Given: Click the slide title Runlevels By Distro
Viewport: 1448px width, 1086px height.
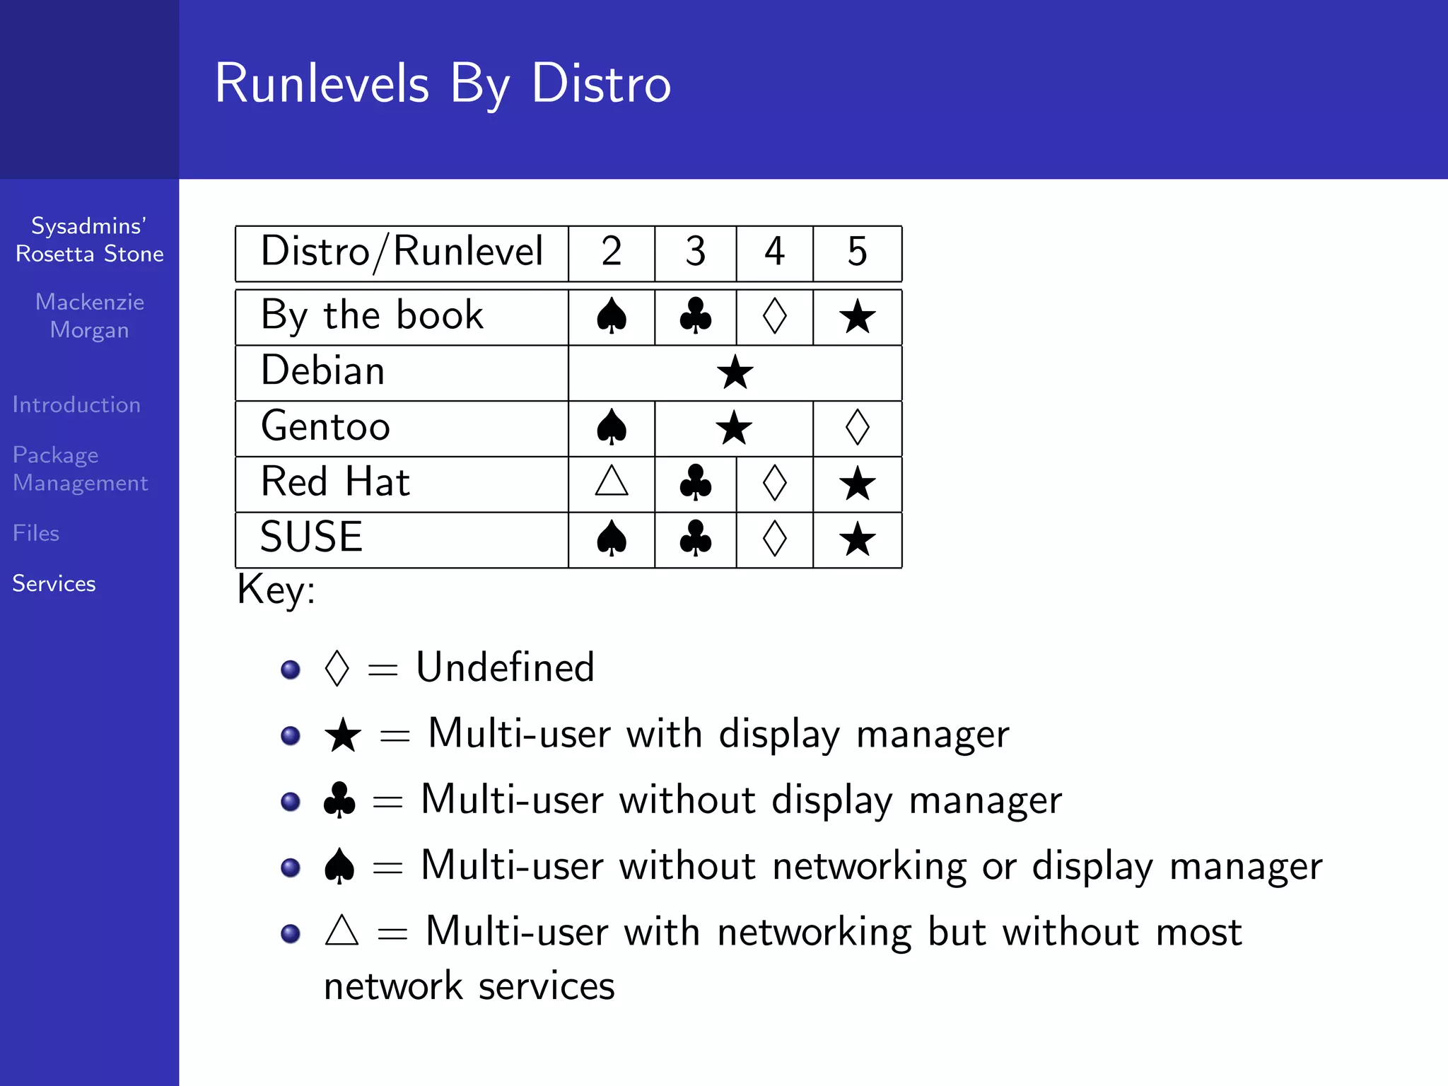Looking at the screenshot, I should point(443,83).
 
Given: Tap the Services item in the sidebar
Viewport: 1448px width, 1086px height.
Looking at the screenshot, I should point(54,583).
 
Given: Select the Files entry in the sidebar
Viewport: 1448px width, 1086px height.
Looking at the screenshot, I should point(36,533).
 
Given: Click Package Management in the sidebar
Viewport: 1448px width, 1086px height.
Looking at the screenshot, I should point(80,469).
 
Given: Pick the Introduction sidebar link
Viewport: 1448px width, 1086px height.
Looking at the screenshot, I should point(76,404).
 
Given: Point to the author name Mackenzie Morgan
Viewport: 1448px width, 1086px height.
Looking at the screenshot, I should point(90,316).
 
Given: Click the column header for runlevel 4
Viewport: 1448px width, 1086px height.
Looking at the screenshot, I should point(774,252).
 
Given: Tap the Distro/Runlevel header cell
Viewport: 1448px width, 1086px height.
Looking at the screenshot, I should point(402,252).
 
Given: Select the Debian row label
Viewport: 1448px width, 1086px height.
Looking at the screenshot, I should point(323,371).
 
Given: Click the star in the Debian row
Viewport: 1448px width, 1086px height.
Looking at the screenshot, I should point(735,373).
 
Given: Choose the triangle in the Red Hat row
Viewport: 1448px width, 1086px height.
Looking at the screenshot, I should point(612,481).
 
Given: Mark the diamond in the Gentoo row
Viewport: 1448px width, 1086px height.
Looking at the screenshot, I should point(857,427).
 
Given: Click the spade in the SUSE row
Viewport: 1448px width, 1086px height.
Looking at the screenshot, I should point(612,539).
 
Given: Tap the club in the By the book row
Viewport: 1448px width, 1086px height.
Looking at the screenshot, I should point(696,316).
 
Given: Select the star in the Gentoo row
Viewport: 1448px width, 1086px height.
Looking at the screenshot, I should point(733,428).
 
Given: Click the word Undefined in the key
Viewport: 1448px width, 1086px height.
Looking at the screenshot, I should point(505,667).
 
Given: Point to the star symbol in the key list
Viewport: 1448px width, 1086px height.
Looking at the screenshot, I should point(343,735).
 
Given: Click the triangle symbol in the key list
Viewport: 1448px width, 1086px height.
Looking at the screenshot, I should point(341,931).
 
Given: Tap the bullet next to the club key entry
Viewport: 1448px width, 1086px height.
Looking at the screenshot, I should point(291,801).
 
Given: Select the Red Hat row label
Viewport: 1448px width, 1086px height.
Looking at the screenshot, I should point(335,482).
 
